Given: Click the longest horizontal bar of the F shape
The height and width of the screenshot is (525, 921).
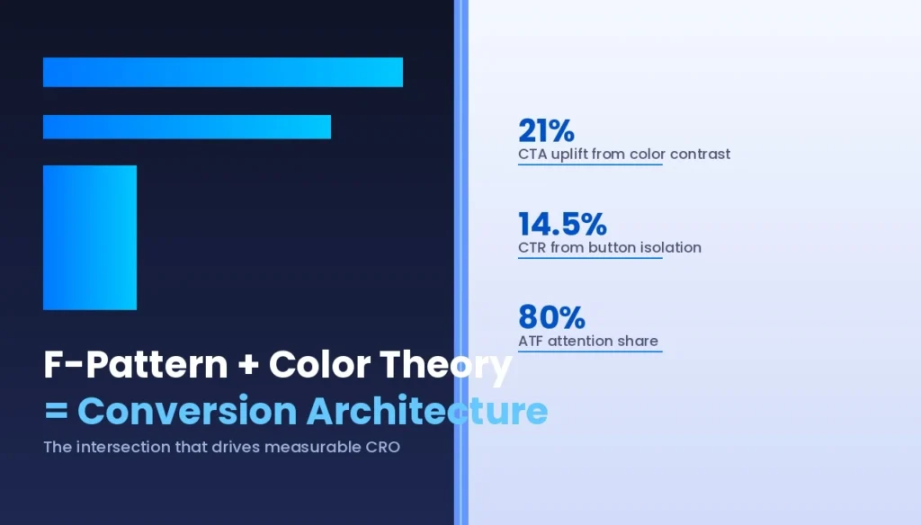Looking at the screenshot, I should click(223, 72).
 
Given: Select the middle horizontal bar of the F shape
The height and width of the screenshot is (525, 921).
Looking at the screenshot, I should click(187, 127).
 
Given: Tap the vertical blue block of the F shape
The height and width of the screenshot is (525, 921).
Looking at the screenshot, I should click(90, 237).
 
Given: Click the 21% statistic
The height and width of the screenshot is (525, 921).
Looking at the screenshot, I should click(546, 131).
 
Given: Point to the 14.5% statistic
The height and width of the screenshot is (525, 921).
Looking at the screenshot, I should click(562, 224).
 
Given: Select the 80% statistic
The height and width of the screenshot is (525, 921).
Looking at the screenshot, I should click(551, 317).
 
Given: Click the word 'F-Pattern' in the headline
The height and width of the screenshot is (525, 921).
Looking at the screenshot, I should click(136, 365).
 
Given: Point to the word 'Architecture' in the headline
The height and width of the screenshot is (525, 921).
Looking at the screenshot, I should click(426, 411).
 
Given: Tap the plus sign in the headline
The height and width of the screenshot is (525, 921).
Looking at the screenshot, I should click(248, 366).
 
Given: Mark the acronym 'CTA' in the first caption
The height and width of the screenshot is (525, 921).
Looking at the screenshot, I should click(532, 154).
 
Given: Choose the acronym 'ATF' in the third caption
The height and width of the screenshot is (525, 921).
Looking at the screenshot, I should click(532, 341).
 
